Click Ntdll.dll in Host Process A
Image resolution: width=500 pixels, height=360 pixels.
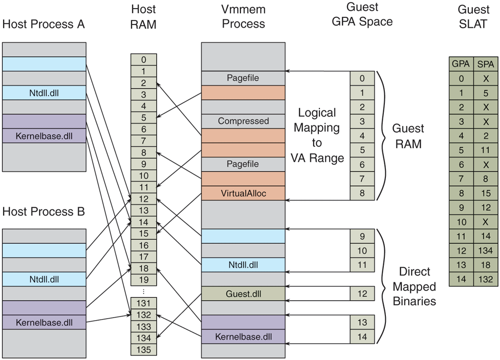44,93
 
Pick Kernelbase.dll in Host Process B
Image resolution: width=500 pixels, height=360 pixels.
44,322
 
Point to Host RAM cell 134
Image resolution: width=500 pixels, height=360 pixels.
144,337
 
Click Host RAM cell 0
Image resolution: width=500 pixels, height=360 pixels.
144,59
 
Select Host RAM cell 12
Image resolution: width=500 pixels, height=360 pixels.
144,199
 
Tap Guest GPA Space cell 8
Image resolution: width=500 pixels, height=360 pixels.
362,193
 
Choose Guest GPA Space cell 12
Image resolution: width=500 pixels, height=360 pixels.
362,294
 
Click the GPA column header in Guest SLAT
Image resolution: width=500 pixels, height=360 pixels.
461,64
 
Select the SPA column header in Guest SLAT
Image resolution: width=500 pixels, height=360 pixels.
486,64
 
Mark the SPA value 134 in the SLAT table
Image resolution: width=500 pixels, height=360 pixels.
486,251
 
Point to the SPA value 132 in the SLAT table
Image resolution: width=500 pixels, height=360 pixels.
486,279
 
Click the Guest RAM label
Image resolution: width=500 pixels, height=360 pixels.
407,136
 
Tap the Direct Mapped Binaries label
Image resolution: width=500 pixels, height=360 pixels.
414,286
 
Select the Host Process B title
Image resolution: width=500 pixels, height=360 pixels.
44,212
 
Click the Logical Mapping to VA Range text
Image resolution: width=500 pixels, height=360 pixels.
317,136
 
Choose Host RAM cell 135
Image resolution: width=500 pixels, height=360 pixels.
144,349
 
